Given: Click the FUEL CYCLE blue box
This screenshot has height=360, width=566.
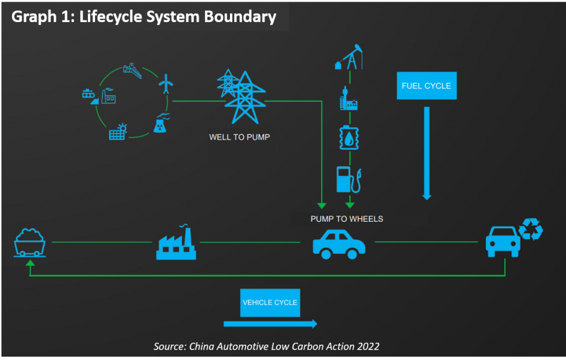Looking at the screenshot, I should [427, 86].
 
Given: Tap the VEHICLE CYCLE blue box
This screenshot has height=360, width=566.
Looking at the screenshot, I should [270, 302].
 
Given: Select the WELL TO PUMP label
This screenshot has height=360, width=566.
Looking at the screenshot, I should [239, 137].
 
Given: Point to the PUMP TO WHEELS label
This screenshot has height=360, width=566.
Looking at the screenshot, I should [347, 219].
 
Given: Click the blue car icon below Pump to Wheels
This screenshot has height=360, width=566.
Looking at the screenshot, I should [339, 243].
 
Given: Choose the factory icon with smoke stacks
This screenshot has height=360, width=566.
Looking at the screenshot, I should [176, 243].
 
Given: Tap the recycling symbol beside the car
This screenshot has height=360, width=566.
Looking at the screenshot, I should [530, 229].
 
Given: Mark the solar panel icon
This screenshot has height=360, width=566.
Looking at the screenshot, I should [118, 131].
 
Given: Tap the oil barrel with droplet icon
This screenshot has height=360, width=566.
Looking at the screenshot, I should [349, 138].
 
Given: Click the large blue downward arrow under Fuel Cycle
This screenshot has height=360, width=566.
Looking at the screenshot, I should [427, 153].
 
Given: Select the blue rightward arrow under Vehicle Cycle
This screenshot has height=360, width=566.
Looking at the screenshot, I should [270, 324].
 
